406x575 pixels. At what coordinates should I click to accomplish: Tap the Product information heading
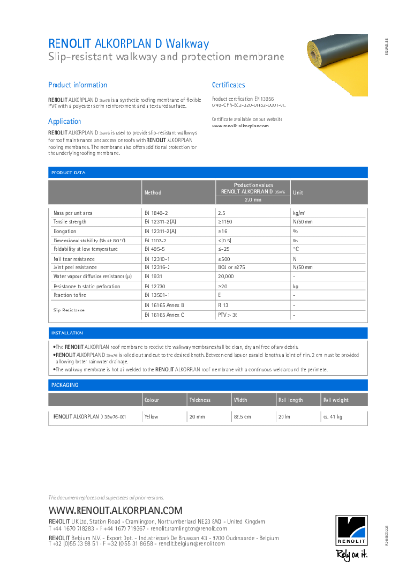78,85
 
